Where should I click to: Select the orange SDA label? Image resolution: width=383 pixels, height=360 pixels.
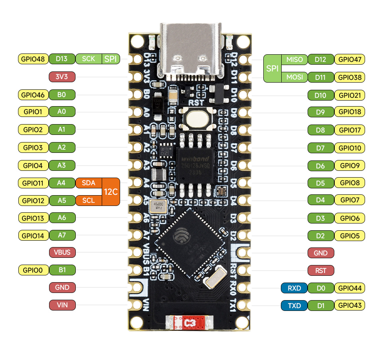[88, 183]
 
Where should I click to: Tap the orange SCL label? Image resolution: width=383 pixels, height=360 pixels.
[88, 200]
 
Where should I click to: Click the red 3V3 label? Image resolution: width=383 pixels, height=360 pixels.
[62, 77]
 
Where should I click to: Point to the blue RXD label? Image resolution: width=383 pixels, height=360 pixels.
[294, 288]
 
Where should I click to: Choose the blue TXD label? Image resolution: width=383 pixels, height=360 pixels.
[294, 306]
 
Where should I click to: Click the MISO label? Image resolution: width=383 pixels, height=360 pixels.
[294, 60]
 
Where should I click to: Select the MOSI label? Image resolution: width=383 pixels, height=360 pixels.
[294, 77]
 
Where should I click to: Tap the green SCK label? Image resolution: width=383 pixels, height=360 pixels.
[88, 59]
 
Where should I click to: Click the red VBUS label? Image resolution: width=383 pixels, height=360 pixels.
[62, 252]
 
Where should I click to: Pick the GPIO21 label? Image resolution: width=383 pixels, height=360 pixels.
[349, 95]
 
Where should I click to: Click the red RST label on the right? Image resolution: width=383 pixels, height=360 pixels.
[321, 271]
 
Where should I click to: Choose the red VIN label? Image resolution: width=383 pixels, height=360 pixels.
[62, 305]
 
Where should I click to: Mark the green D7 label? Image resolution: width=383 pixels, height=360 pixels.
[320, 148]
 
